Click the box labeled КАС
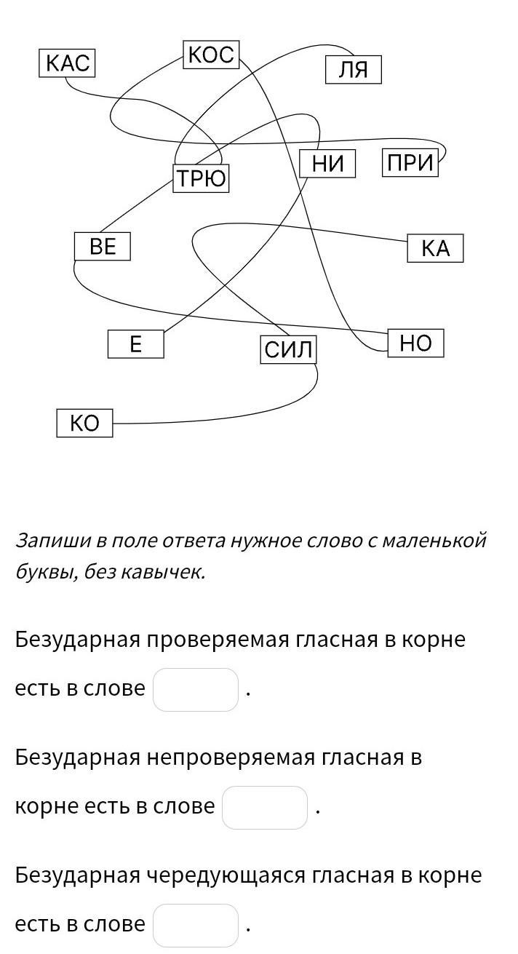coord(67,63)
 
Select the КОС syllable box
coord(211,55)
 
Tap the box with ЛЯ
coord(353,71)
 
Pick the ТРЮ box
coord(201,178)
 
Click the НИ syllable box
coord(327,164)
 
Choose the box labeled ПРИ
coord(410,163)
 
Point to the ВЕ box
coord(103,247)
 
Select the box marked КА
coord(435,249)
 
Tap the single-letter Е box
coord(135,343)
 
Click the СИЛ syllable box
coord(288,350)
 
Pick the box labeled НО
coord(415,343)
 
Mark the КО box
coord(84,423)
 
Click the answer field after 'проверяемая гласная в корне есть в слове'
coord(196,689)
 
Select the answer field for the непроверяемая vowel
coord(264,807)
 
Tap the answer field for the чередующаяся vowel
coord(196,925)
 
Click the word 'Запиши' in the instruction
coord(52,541)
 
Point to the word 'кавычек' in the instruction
coord(168,573)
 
